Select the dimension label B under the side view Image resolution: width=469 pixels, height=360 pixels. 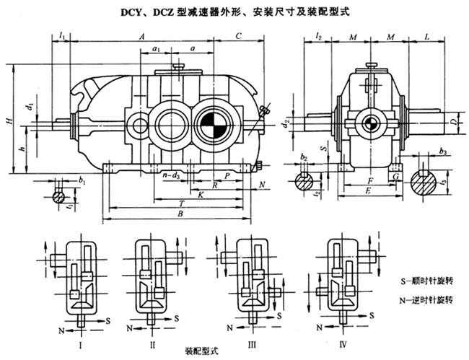[x=180, y=214]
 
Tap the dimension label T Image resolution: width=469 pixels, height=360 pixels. [x=179, y=204]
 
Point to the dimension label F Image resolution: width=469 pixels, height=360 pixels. [x=369, y=179]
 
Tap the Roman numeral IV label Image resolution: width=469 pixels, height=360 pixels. [x=343, y=327]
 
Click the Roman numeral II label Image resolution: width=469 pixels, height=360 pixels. [x=152, y=327]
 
